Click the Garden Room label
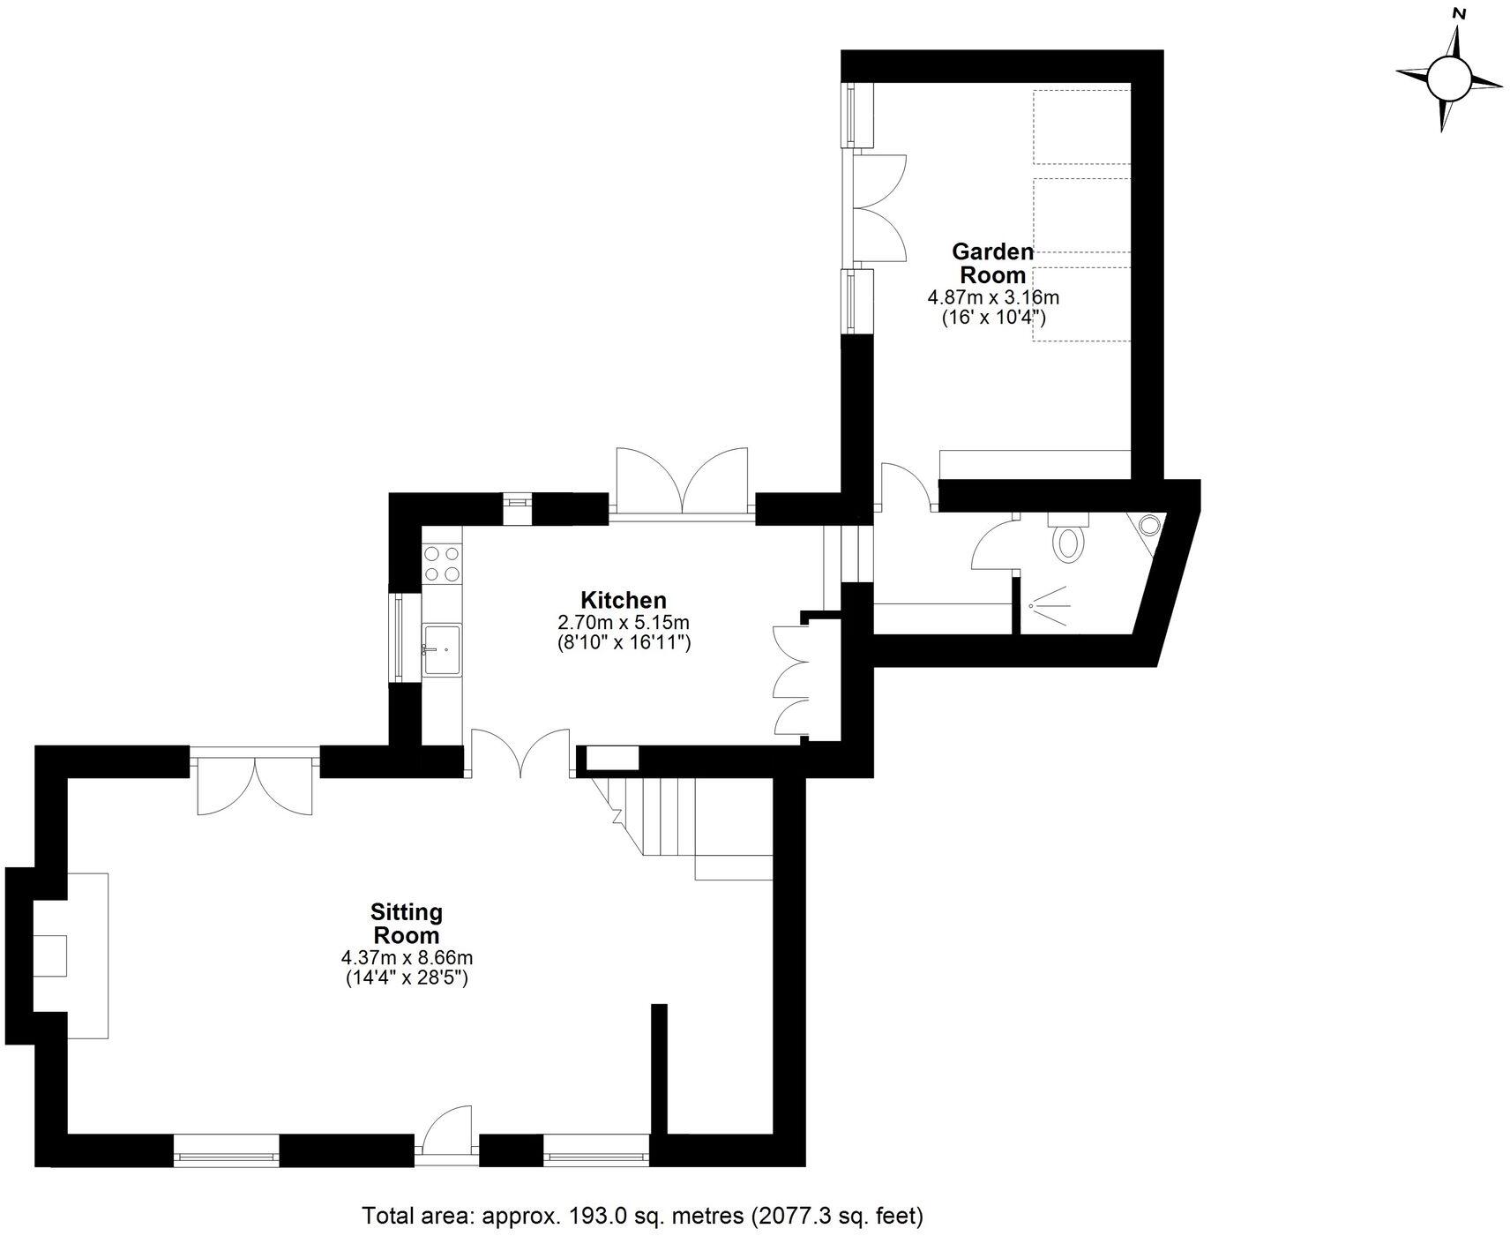point(992,263)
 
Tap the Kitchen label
point(623,600)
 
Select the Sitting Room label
point(406,923)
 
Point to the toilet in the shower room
point(1070,540)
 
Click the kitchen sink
point(442,649)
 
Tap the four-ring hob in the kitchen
point(441,564)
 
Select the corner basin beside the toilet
point(1149,526)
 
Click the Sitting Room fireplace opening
point(50,955)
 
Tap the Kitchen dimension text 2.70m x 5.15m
point(623,622)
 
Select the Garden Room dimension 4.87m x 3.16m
point(992,297)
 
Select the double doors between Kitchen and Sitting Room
point(520,753)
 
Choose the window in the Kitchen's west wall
point(399,638)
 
